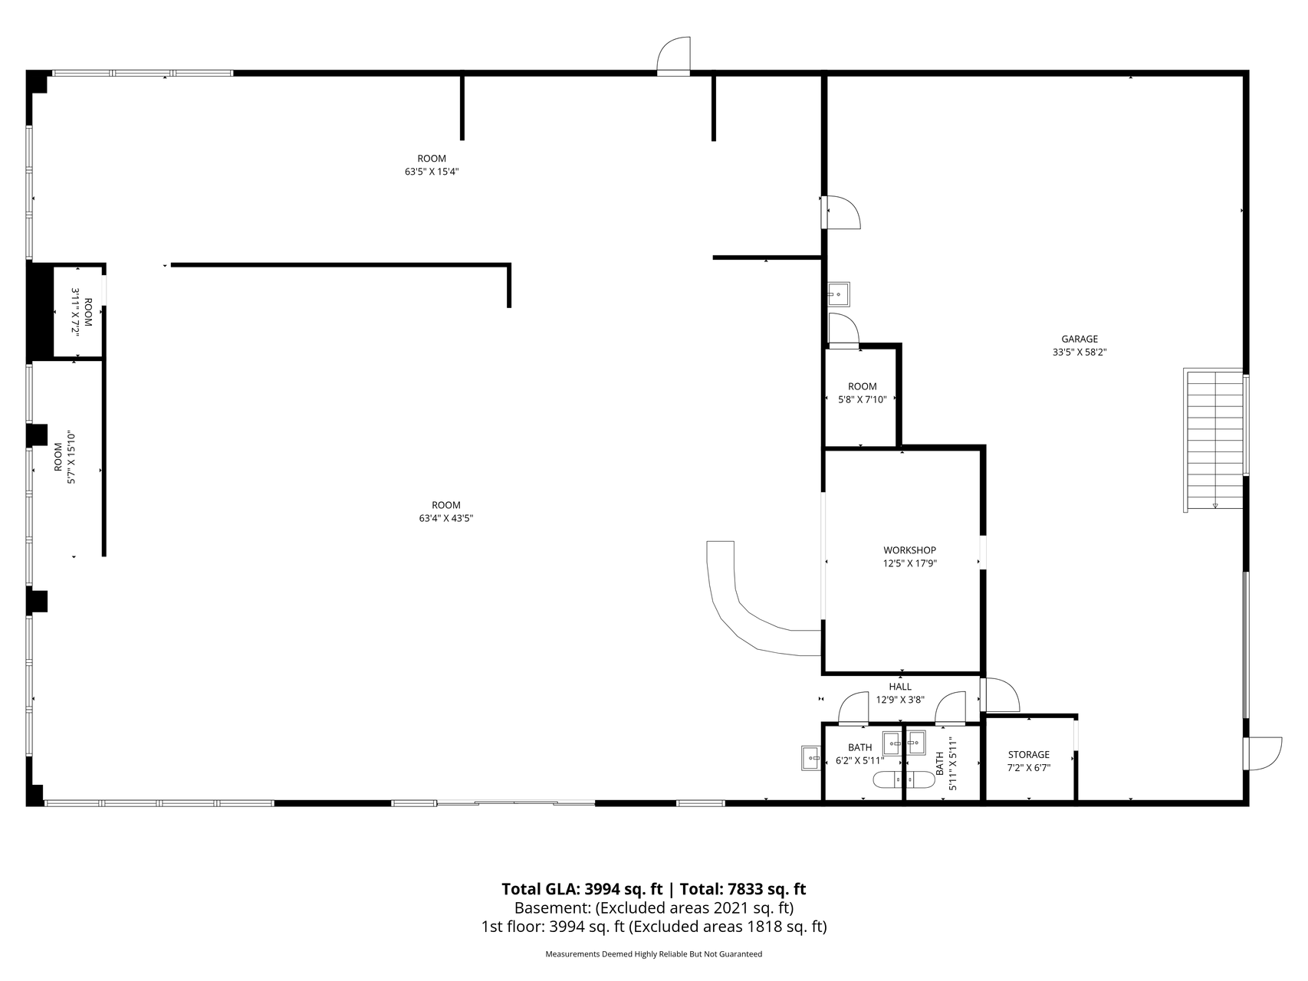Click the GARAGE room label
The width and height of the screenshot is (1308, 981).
coord(1080,339)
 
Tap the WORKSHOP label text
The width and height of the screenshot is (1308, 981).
coord(909,550)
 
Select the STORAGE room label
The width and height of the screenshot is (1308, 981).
coord(1028,755)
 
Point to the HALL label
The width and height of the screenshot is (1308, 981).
coord(900,687)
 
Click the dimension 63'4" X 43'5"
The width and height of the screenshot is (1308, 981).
coord(445,518)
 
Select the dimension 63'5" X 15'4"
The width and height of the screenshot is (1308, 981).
coord(432,172)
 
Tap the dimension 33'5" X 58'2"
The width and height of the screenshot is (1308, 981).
coord(1080,353)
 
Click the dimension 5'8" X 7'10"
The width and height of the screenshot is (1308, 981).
coord(863,399)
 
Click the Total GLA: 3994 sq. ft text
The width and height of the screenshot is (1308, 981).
coord(582,889)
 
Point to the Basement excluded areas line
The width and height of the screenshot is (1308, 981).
coord(654,908)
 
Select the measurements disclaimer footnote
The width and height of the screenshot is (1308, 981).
coord(653,954)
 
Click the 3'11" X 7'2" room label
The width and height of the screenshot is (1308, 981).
coord(82,313)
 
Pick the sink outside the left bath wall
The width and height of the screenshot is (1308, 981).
coord(811,757)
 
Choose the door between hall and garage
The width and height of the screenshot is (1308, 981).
coord(1000,695)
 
